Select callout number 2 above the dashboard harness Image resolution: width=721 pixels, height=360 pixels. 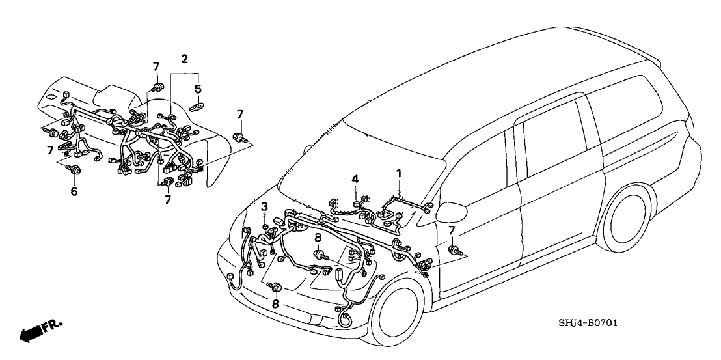185,59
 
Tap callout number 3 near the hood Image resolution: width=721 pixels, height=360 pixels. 264,206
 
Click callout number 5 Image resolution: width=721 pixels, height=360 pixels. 198,89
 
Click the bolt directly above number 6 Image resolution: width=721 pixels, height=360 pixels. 75,171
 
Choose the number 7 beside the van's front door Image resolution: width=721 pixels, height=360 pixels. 452,229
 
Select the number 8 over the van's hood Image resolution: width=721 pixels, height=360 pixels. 318,238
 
